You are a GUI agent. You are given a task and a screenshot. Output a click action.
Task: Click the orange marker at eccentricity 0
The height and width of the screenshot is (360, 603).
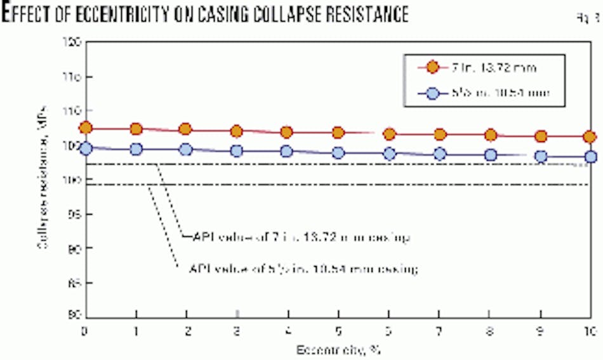point(86,128)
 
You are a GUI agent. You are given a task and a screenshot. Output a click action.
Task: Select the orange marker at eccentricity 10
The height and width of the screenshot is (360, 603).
point(590,137)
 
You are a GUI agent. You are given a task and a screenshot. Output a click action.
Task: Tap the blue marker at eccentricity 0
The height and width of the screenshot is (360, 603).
point(86,149)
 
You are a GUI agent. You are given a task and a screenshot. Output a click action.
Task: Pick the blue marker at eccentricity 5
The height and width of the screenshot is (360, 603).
point(338,153)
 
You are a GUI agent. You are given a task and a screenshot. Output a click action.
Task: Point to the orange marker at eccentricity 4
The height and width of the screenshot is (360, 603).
point(287,132)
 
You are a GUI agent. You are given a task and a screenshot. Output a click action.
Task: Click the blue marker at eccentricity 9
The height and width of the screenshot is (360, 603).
point(541,156)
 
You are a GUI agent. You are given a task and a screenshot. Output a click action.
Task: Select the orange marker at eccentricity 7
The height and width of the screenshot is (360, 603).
point(439,134)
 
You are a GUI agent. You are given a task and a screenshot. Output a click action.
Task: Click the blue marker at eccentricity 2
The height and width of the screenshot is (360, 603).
point(186,150)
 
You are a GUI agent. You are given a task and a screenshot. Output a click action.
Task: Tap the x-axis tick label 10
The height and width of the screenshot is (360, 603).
point(589,331)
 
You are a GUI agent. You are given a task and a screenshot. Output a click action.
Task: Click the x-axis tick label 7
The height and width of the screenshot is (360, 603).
point(439,331)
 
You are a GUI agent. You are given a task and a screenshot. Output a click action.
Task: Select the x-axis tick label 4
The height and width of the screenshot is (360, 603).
point(288,331)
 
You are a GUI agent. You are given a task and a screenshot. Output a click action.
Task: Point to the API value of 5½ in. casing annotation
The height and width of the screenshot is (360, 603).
point(303,269)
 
